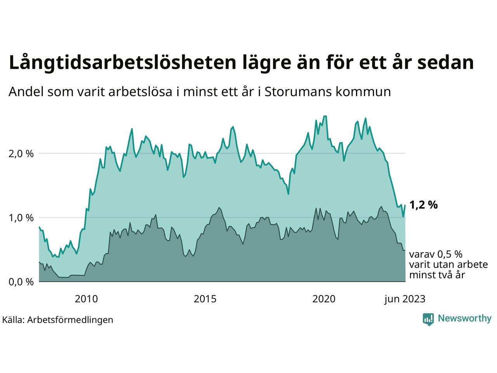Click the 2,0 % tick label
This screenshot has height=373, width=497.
(x=21, y=154)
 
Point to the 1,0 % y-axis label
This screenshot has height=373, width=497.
(x=21, y=218)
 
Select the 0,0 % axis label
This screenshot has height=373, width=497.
(x=21, y=282)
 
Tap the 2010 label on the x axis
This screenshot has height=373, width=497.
(x=87, y=299)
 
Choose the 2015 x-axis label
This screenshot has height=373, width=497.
(x=205, y=299)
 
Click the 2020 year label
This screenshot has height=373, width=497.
(x=324, y=299)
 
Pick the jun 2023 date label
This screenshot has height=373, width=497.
(x=405, y=299)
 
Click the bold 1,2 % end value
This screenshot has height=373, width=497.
(x=424, y=205)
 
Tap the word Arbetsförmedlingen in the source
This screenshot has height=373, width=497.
(x=70, y=320)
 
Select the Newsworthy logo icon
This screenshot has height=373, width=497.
(x=428, y=319)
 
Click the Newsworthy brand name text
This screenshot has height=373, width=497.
(x=464, y=319)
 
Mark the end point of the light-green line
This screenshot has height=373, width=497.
(x=405, y=205)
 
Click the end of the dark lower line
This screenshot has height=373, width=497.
(x=405, y=250)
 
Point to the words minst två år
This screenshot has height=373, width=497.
(x=437, y=275)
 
